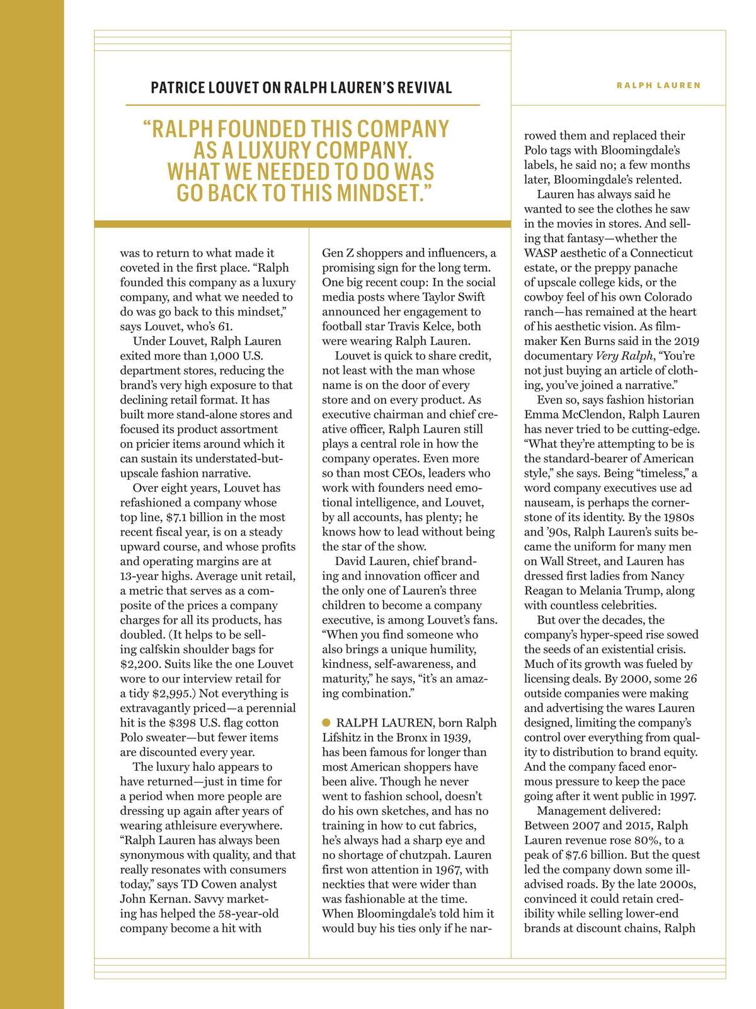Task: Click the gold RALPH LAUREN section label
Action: click(x=658, y=85)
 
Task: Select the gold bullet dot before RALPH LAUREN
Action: click(x=326, y=722)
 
